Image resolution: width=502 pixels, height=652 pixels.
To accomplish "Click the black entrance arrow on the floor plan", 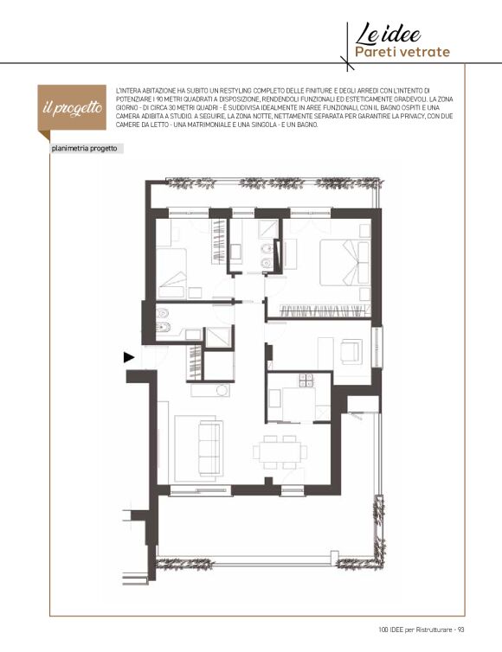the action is pyautogui.click(x=129, y=357).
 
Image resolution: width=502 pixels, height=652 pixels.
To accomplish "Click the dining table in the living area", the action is pyautogui.click(x=280, y=452).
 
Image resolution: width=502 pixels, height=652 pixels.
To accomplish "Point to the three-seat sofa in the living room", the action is pyautogui.click(x=209, y=448).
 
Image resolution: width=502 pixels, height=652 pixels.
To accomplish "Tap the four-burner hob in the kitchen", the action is pyautogui.click(x=306, y=380).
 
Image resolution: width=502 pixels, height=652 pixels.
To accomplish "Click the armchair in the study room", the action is pyautogui.click(x=351, y=352).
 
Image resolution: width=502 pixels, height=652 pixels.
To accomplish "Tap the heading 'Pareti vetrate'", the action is pyautogui.click(x=402, y=52).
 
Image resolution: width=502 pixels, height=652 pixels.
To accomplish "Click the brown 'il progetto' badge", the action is pyautogui.click(x=72, y=108).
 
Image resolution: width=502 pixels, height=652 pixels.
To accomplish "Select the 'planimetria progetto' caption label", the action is pyautogui.click(x=84, y=149).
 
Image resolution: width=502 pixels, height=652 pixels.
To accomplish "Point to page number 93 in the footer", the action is pyautogui.click(x=460, y=630).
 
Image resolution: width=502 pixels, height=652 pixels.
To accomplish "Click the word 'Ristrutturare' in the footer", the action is pyautogui.click(x=435, y=630).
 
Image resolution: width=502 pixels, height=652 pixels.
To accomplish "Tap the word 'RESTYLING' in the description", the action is pyautogui.click(x=235, y=91).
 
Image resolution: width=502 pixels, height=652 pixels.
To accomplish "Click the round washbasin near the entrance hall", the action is pyautogui.click(x=222, y=390).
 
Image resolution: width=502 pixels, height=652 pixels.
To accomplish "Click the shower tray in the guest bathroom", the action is pyautogui.click(x=218, y=337).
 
